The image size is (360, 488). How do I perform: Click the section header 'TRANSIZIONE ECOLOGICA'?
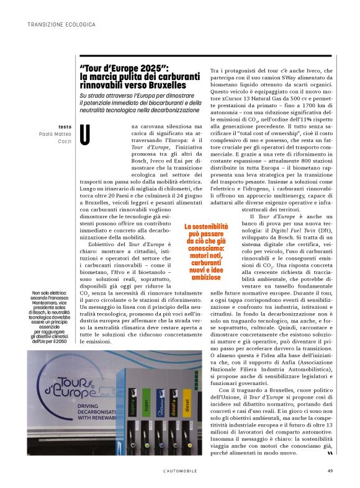click(x=61, y=24)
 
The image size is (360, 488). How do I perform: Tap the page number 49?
click(x=330, y=471)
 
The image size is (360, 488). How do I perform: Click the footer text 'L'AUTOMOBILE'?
click(x=179, y=471)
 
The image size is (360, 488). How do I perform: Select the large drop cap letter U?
click(x=89, y=135)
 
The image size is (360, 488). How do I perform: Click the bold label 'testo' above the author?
click(x=65, y=126)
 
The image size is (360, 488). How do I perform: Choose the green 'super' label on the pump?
click(x=146, y=401)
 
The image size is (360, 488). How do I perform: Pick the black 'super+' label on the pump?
click(x=132, y=401)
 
